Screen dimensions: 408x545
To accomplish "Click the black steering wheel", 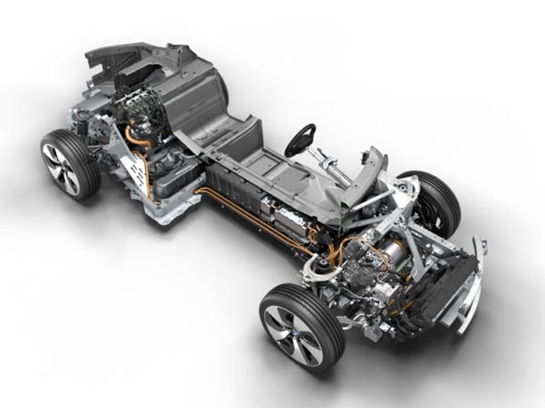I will click(300, 140).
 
